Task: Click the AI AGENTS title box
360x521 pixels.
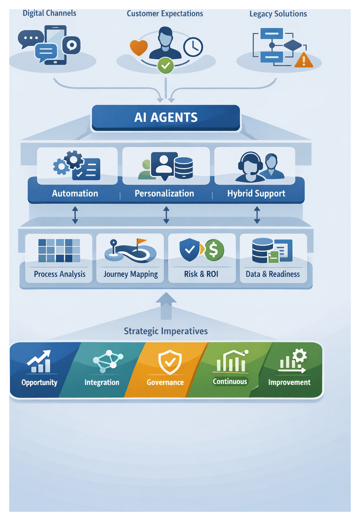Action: click(x=166, y=117)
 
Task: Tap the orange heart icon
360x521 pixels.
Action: click(x=138, y=48)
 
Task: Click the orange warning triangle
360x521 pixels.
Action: click(x=304, y=60)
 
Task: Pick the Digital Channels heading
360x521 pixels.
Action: click(x=49, y=13)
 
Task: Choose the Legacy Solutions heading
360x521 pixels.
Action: click(x=278, y=14)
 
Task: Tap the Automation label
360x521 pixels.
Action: click(x=75, y=194)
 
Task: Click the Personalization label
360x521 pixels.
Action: click(x=164, y=194)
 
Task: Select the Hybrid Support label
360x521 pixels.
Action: click(x=256, y=194)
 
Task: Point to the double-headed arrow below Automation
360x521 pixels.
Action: click(x=75, y=215)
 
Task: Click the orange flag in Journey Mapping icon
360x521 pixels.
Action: click(x=141, y=242)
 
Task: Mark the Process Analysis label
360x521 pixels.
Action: click(x=60, y=274)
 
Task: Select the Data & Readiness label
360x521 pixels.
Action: click(x=273, y=274)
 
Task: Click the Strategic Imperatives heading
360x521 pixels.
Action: click(x=166, y=331)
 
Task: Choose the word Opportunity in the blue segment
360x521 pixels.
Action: click(x=39, y=382)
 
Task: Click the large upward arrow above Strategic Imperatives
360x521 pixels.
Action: click(x=166, y=306)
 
